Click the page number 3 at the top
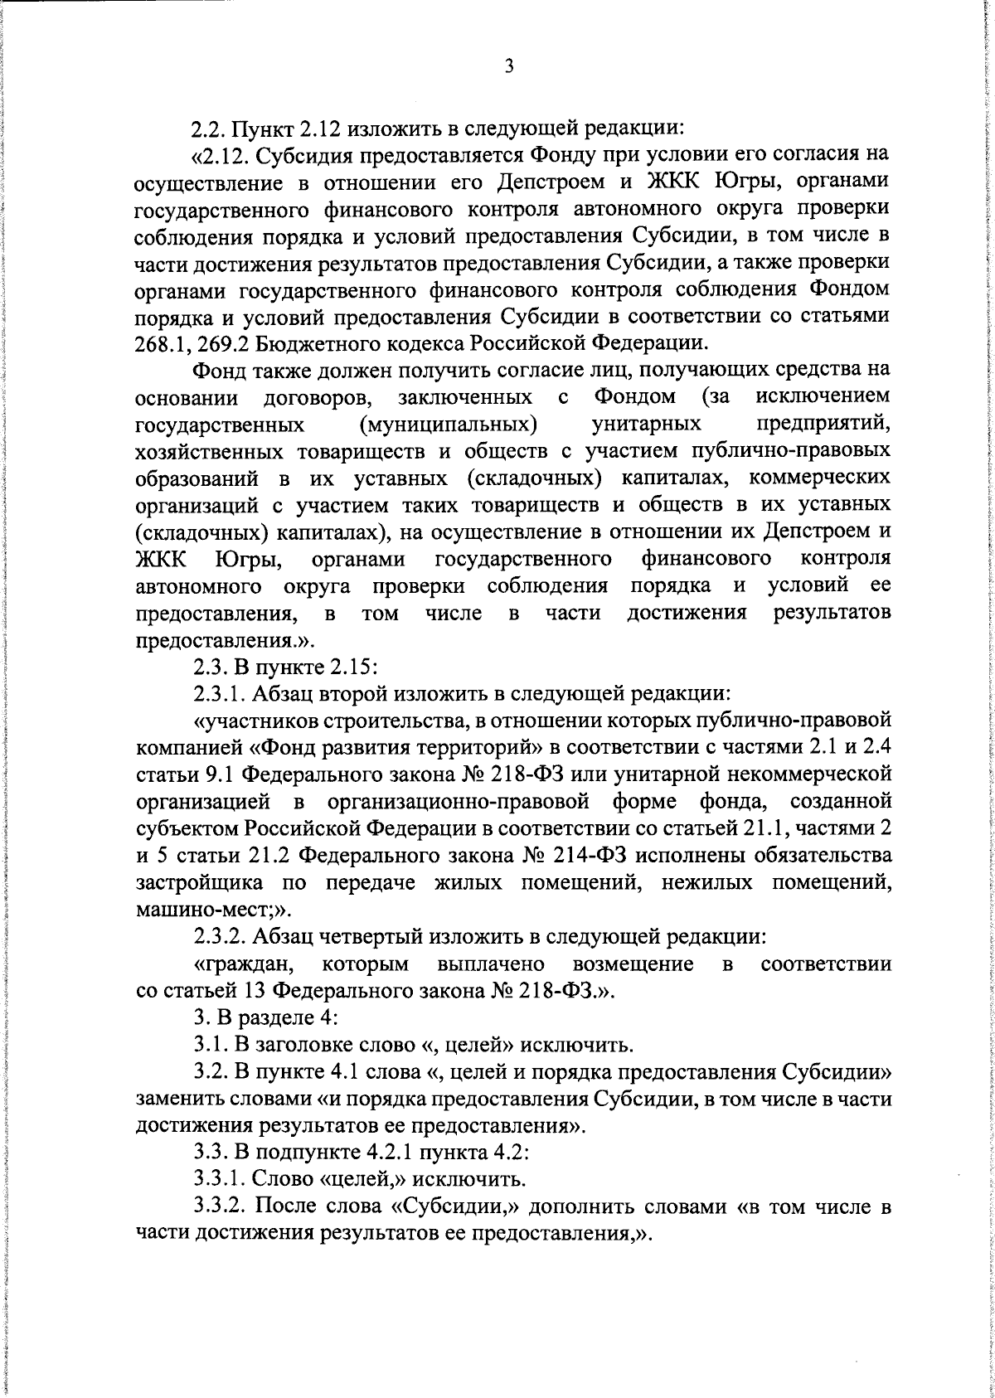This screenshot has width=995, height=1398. pos(509,67)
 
